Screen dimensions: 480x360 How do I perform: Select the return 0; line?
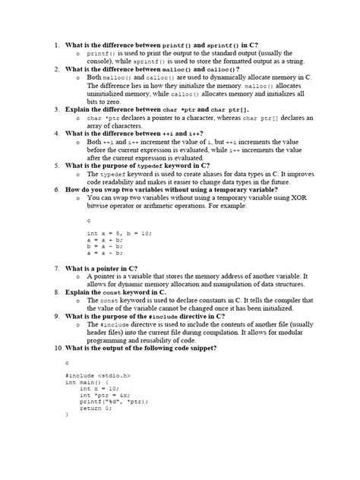98,408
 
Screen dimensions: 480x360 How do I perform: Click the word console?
105,62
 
